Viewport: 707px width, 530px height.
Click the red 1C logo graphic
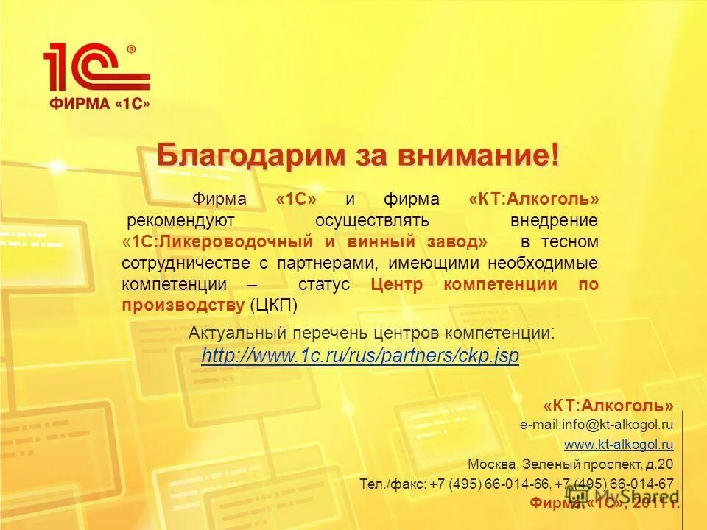(96, 68)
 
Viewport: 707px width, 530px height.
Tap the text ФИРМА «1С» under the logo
(99, 104)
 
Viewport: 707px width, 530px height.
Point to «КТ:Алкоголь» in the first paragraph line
(533, 199)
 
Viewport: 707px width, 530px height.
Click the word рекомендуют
(180, 221)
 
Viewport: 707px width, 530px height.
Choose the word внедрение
(554, 221)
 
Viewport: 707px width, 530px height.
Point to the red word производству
(183, 305)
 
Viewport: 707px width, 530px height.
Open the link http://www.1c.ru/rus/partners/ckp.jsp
(360, 356)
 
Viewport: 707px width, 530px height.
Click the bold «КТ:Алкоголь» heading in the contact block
(608, 406)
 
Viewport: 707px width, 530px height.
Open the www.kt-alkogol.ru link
(619, 445)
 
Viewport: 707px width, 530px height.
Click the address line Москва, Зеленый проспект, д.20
(570, 464)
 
